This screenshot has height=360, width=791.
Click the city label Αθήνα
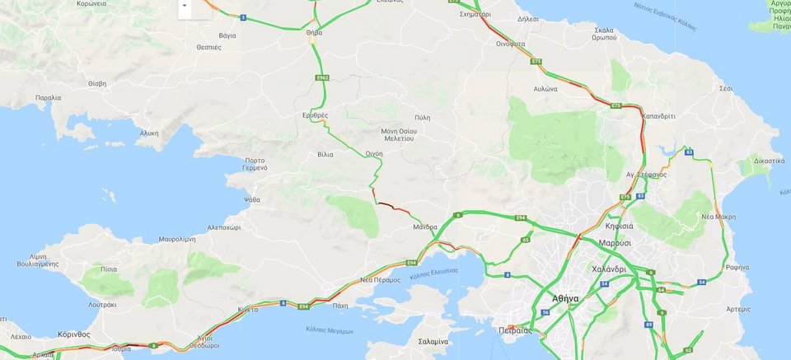coord(565,298)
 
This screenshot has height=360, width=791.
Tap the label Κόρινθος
coord(74,334)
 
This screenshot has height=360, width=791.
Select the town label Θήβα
coord(314,32)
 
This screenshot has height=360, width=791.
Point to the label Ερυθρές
coord(315,115)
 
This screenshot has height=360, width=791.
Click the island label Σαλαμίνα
coord(433,341)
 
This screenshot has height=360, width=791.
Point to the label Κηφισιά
coord(617,225)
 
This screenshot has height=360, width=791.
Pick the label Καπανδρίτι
coord(658,116)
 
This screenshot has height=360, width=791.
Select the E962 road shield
coord(323,77)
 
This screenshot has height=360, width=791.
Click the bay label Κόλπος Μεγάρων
coord(323,329)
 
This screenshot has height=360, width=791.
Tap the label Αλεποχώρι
coord(224,226)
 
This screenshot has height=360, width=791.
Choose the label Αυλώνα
coord(545,87)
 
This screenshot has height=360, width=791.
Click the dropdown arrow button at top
coord(185,4)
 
